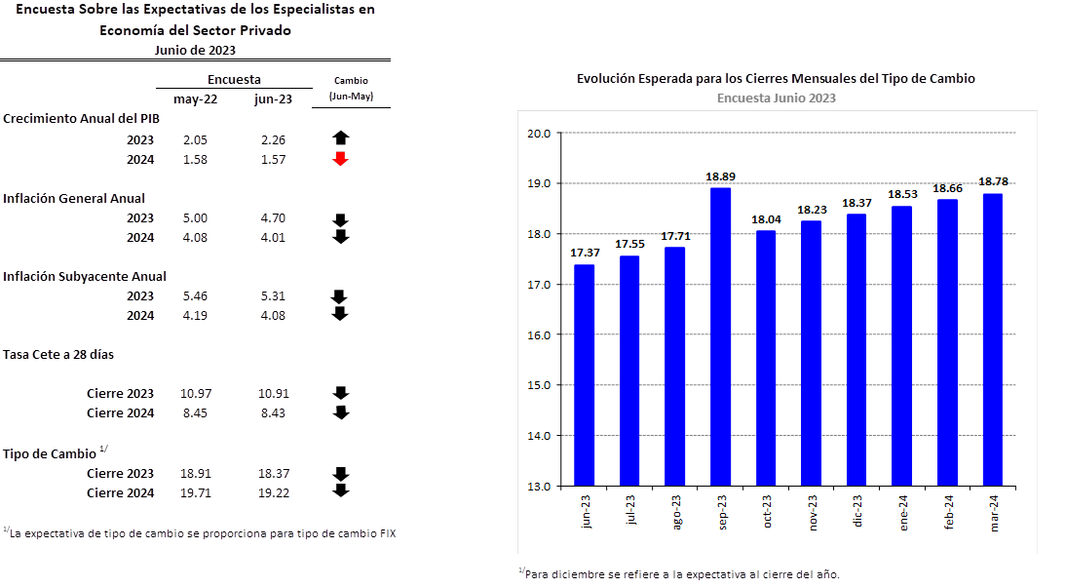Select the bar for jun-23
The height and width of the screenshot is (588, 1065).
(x=584, y=374)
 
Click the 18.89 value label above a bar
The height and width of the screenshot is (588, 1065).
(x=720, y=176)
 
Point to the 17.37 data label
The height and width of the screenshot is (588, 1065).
(x=584, y=254)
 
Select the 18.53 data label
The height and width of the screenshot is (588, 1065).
(x=901, y=195)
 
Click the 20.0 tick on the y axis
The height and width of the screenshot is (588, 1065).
(x=538, y=134)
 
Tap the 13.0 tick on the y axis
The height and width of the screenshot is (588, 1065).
(x=538, y=486)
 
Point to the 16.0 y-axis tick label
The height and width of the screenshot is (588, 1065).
(x=538, y=334)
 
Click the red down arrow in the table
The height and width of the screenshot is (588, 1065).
(x=340, y=159)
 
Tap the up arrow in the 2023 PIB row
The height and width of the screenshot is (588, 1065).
(x=340, y=138)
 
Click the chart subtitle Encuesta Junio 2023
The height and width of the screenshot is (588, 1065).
(x=776, y=98)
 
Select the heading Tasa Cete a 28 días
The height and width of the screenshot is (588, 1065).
(x=59, y=354)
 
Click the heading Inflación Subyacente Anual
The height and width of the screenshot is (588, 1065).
(x=87, y=276)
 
